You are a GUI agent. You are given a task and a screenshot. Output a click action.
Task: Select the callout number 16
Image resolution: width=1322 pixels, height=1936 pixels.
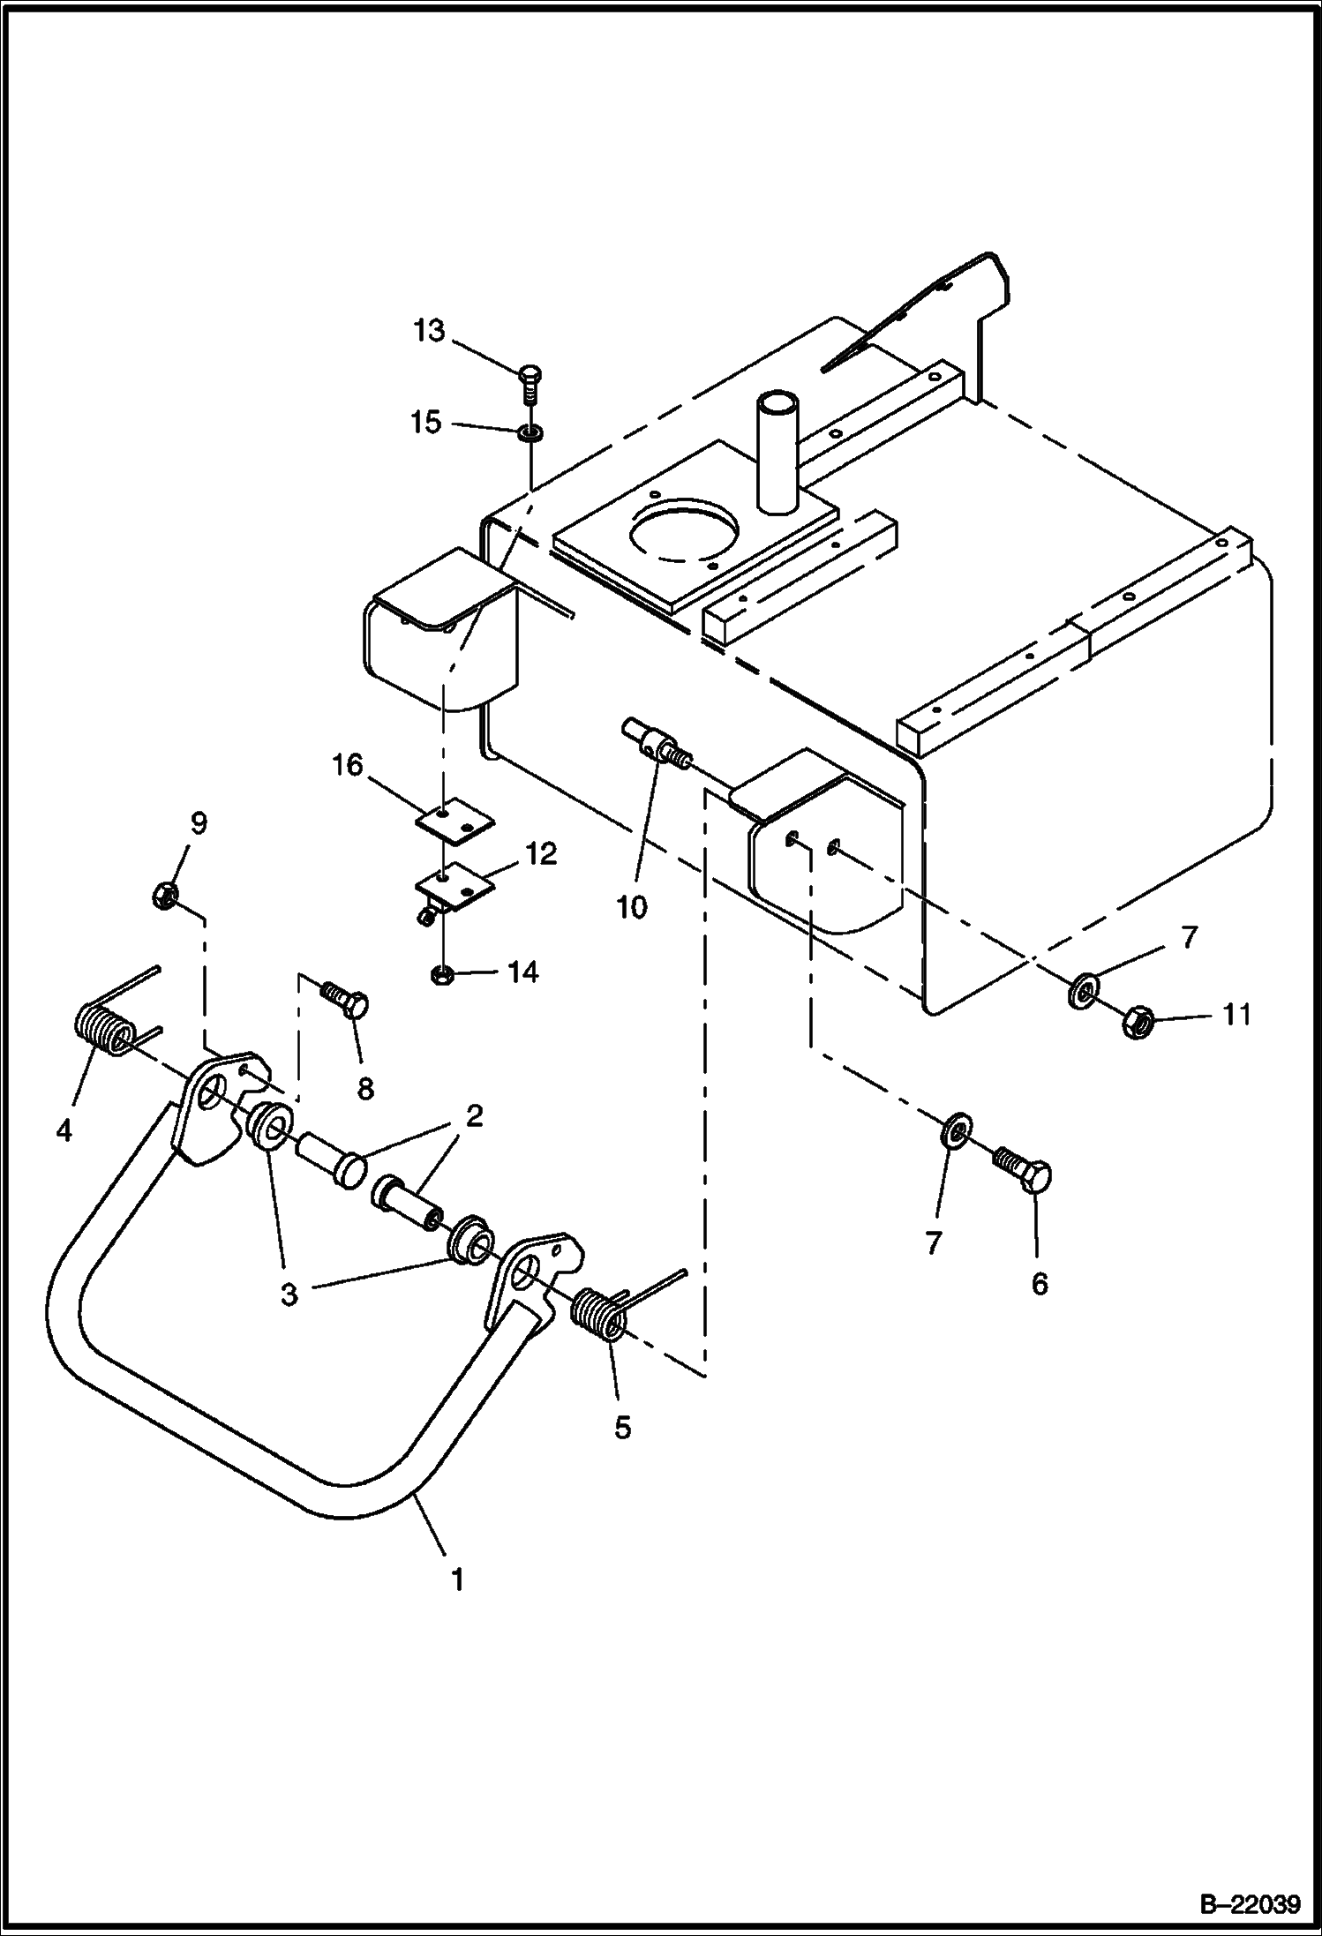[x=347, y=765]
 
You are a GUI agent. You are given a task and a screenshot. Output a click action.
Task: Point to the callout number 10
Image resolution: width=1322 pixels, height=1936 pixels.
[x=632, y=906]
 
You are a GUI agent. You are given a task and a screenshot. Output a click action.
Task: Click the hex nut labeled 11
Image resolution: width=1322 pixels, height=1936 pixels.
[x=1137, y=1023]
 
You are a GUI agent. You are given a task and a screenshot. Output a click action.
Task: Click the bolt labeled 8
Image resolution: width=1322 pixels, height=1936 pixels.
[x=345, y=1001]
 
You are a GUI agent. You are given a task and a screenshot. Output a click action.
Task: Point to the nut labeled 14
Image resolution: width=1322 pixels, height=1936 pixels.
[x=443, y=974]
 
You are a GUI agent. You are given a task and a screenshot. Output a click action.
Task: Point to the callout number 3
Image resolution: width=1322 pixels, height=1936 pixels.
[x=289, y=1294]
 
